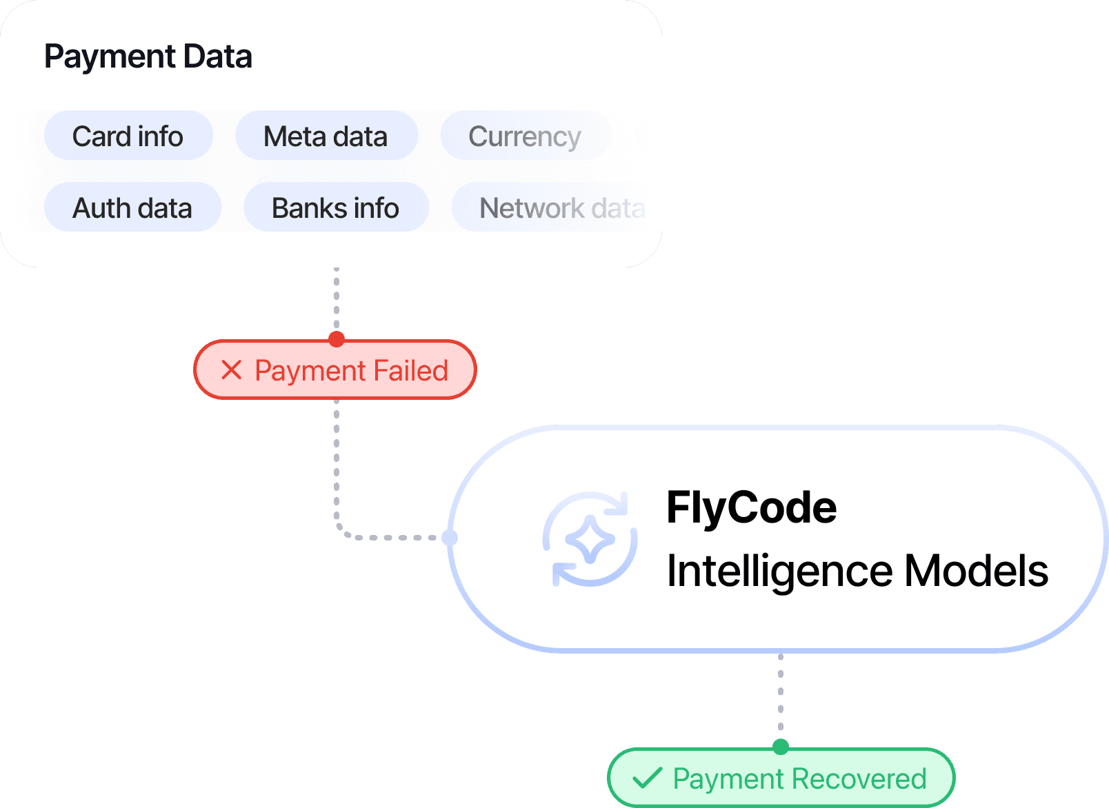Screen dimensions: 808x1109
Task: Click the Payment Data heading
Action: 148,57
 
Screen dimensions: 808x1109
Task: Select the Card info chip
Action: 128,136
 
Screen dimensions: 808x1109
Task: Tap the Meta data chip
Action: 326,136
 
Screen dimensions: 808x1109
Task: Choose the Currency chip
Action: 525,136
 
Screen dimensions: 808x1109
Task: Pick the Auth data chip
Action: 132,208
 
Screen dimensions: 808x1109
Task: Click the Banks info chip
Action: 336,208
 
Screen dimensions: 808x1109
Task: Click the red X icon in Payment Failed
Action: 232,370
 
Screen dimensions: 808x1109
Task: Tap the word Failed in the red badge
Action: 411,370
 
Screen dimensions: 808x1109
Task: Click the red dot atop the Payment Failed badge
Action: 337,339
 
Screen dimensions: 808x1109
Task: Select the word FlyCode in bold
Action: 751,508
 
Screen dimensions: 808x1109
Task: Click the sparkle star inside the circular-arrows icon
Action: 590,539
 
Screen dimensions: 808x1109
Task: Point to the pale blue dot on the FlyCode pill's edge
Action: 450,537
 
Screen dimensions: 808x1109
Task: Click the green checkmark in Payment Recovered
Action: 647,778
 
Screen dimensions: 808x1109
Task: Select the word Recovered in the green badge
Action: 863,779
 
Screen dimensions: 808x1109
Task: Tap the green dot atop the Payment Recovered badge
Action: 781,747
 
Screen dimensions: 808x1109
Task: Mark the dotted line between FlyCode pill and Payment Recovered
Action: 781,696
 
